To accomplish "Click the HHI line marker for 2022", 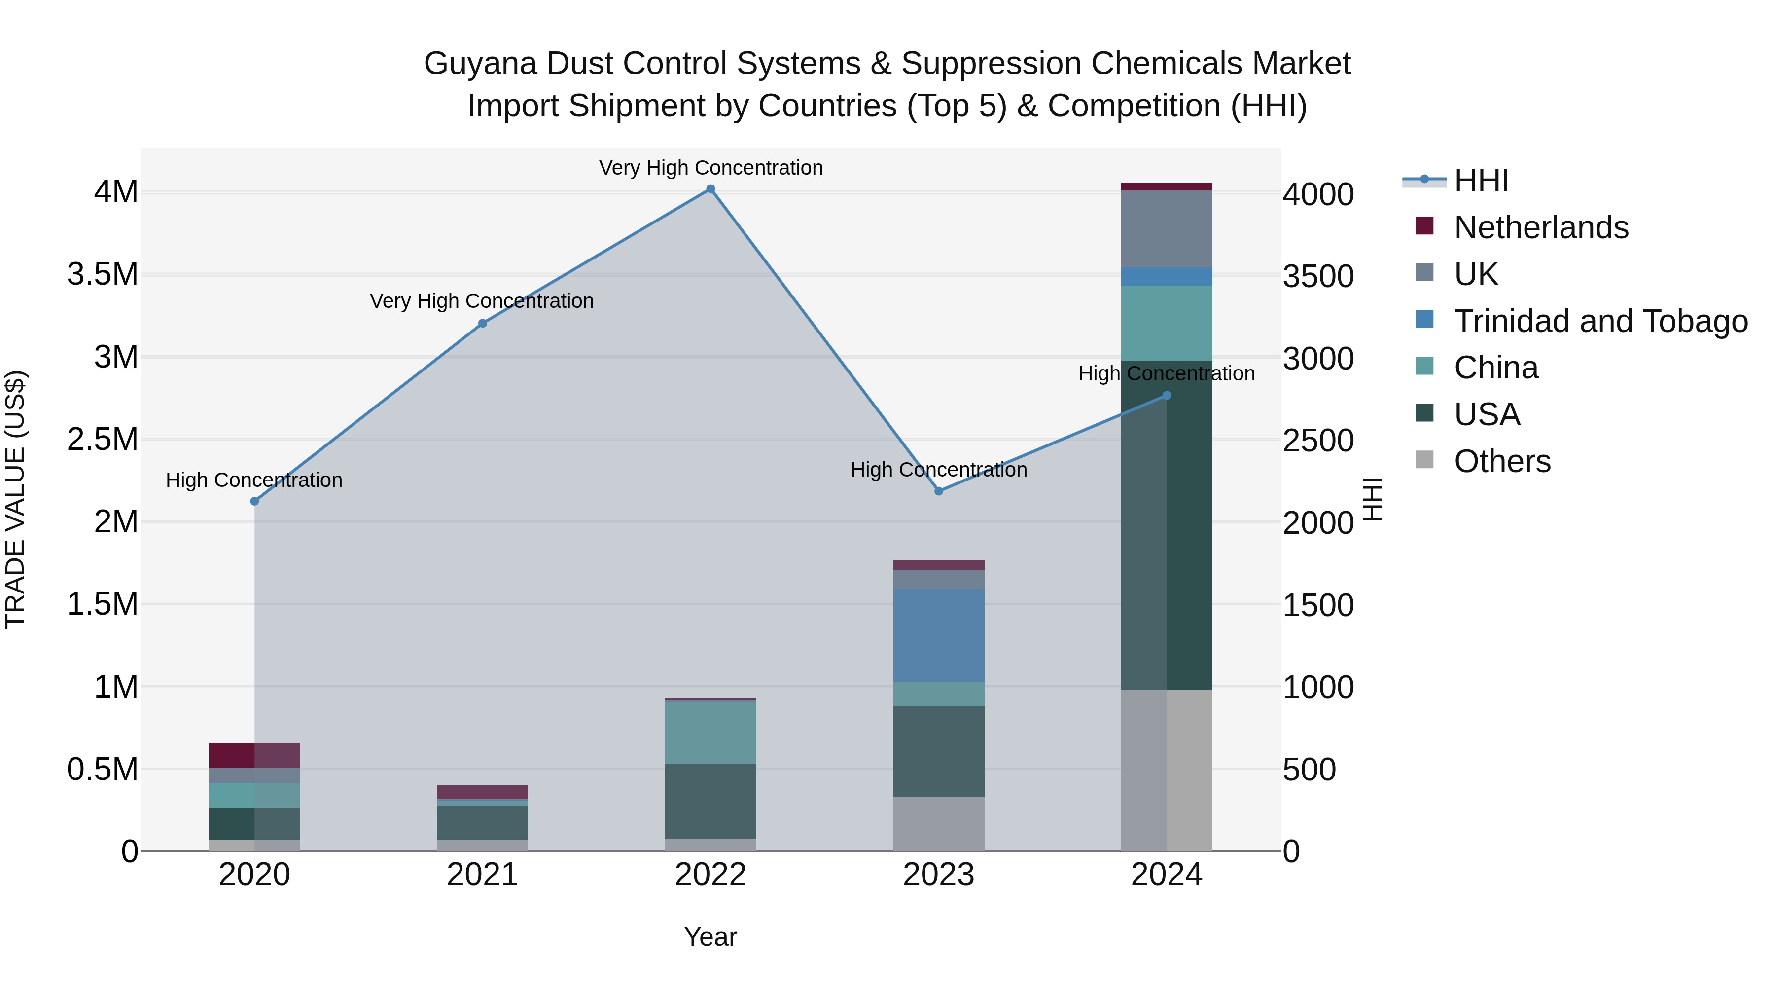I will (710, 189).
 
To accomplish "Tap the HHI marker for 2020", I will (254, 501).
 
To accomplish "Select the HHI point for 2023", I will (938, 491).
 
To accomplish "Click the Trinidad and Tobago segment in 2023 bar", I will (938, 635).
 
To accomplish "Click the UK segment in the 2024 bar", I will (1167, 229).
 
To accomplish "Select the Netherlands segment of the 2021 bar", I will (482, 792).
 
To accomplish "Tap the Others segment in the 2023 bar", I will (938, 824).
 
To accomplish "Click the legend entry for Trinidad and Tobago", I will (1600, 321).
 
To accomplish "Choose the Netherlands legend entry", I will (1541, 227).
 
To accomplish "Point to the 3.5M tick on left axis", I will (103, 274).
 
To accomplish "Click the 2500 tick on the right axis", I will (1317, 441).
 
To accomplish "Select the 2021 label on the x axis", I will (482, 875).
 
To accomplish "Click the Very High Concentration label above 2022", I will (710, 168).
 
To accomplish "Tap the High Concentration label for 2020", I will (254, 480).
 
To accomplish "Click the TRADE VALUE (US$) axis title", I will (15, 499).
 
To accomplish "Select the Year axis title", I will (710, 937).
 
